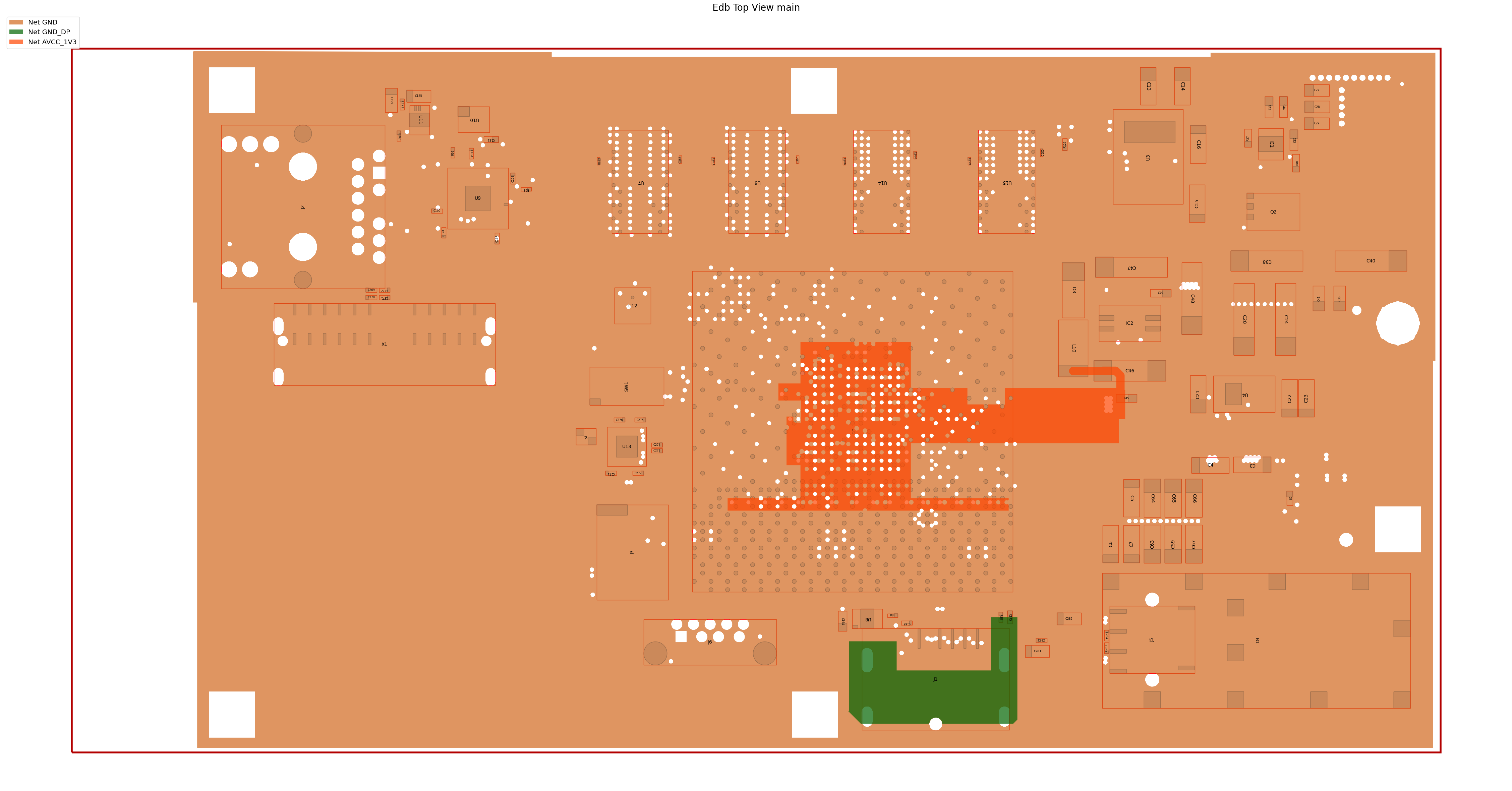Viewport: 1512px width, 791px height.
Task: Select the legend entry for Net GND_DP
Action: pos(49,32)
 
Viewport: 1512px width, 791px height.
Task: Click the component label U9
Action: pos(477,198)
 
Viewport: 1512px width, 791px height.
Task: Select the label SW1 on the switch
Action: pos(626,387)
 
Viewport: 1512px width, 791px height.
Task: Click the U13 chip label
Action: pos(626,446)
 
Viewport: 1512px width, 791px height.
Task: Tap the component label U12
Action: pos(632,306)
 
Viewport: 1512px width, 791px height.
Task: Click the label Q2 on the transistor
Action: pos(1273,212)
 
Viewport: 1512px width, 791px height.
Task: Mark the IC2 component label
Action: pos(1129,323)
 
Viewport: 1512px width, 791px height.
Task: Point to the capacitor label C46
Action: pos(1129,371)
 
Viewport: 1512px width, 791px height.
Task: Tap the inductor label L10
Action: pos(1073,348)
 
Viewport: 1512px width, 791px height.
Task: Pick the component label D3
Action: pos(1073,290)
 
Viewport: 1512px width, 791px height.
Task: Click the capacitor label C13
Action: pos(1148,86)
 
